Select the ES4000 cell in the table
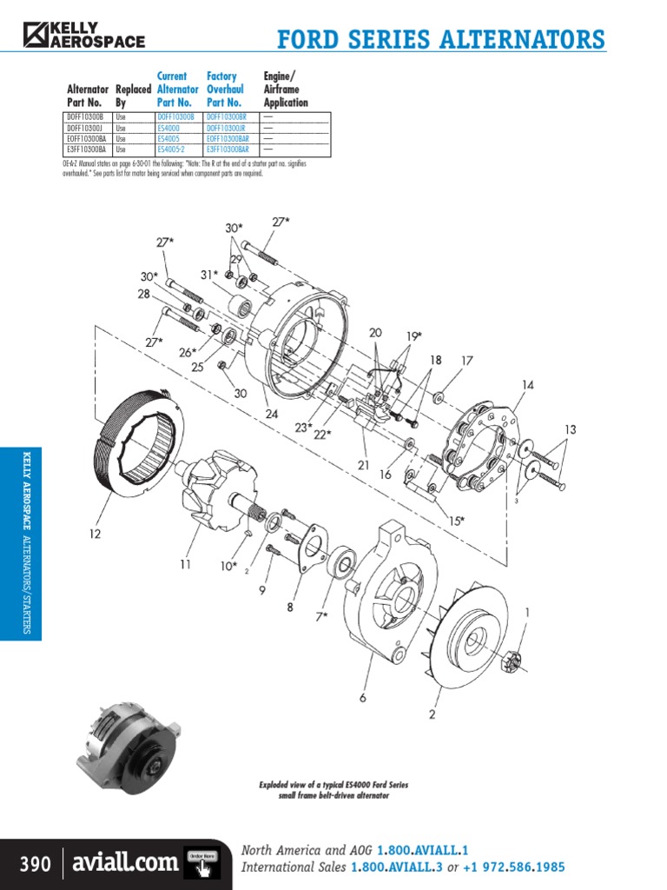pyautogui.click(x=168, y=127)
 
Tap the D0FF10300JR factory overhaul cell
pyautogui.click(x=226, y=127)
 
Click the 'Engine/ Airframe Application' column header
pyautogui.click(x=286, y=90)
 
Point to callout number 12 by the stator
pyautogui.click(x=96, y=533)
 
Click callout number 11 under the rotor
pyautogui.click(x=185, y=564)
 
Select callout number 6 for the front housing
pyautogui.click(x=363, y=698)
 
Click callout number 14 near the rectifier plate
pyautogui.click(x=527, y=385)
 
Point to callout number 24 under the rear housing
pyautogui.click(x=272, y=415)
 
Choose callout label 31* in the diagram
pyautogui.click(x=209, y=275)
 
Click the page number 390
pyautogui.click(x=36, y=864)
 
